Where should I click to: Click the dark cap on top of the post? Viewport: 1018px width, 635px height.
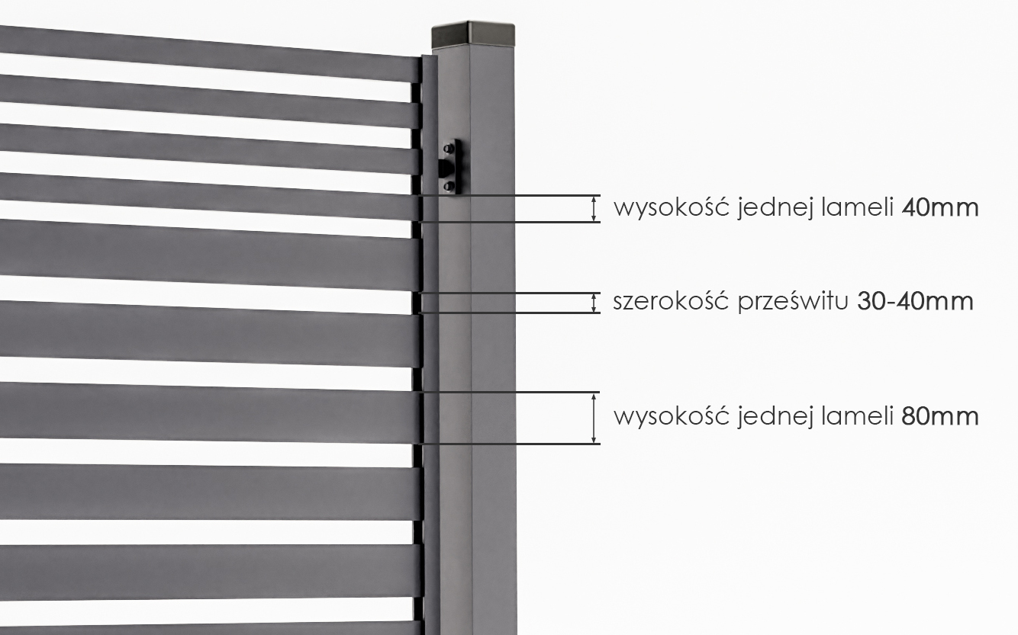473,35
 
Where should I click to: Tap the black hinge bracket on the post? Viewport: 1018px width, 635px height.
450,166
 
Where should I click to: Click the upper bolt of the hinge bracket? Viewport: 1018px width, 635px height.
449,148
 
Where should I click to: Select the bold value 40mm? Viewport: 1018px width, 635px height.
940,208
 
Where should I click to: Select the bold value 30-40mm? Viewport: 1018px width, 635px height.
915,301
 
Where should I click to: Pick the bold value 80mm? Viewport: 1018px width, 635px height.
940,417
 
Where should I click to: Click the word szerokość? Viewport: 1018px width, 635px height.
671,300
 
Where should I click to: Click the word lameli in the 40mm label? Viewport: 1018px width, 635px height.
857,207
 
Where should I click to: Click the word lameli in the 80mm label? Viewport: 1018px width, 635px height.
857,416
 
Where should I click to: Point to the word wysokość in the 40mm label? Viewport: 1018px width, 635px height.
672,208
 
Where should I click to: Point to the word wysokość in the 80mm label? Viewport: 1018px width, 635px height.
672,417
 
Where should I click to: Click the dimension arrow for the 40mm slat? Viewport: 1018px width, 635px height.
594,209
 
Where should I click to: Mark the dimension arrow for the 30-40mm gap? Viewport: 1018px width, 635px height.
594,303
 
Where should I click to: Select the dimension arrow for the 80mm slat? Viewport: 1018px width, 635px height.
594,418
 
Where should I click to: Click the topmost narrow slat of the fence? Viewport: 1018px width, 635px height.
209,53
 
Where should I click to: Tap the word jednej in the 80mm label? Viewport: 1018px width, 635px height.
775,418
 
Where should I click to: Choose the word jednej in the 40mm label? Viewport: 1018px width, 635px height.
775,209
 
